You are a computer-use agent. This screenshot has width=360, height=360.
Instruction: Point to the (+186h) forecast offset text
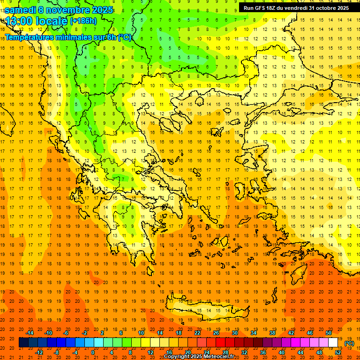83,21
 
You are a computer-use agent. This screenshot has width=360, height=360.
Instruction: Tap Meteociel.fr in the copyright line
219,357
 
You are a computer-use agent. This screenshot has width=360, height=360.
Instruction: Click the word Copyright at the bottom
177,357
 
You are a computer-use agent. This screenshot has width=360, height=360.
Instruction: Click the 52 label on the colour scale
338,352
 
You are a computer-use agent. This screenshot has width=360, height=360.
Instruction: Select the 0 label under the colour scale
92,352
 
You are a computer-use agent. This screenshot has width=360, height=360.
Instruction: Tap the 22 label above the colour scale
197,333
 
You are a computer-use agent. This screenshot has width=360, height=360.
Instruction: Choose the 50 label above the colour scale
329,333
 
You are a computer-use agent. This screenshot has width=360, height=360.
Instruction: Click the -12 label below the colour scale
39,352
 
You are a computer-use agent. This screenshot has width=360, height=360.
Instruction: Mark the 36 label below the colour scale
263,352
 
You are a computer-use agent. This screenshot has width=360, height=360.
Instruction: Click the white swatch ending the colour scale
333,343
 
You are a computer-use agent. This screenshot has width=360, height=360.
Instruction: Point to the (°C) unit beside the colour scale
349,343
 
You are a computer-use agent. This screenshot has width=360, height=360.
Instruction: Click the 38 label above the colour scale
272,333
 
